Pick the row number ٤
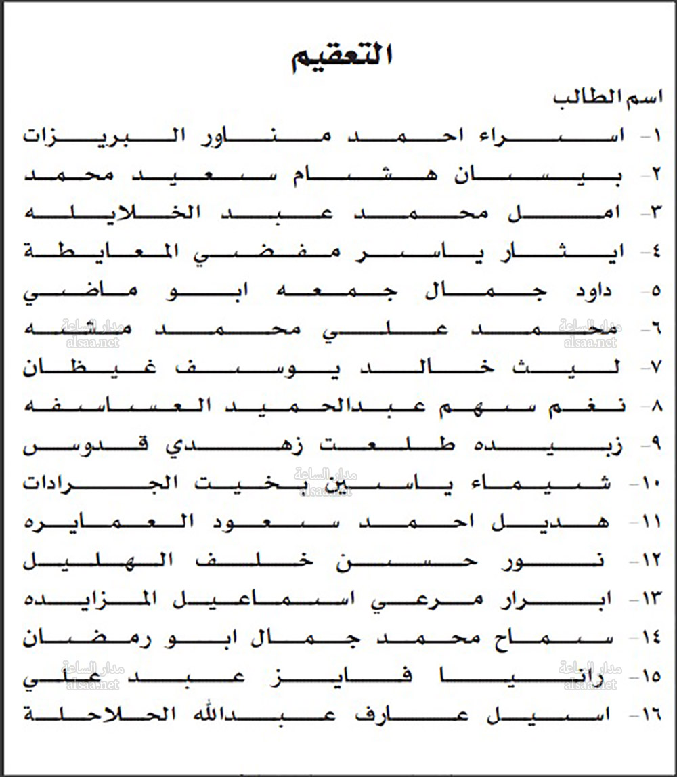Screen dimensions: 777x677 (655, 252)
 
